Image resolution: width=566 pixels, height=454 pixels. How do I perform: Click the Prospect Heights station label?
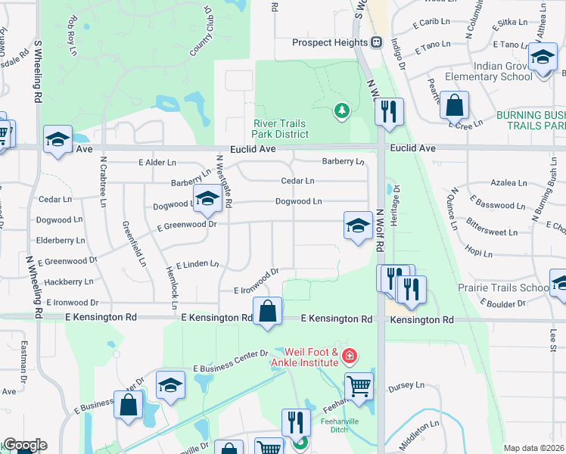[330, 43]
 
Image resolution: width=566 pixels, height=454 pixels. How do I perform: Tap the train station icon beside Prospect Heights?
[376, 43]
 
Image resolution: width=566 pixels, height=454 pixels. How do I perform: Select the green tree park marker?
[342, 112]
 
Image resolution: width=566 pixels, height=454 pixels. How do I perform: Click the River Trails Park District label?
[281, 129]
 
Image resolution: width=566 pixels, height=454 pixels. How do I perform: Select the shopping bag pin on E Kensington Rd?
[267, 312]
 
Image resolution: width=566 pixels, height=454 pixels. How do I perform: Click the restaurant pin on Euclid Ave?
[389, 112]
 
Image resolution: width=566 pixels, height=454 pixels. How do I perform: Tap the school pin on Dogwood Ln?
[207, 199]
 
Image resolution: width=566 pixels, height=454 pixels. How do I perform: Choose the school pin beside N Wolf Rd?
[358, 225]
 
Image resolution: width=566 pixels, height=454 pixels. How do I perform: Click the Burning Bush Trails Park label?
[531, 120]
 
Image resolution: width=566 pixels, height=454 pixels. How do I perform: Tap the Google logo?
[24, 445]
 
